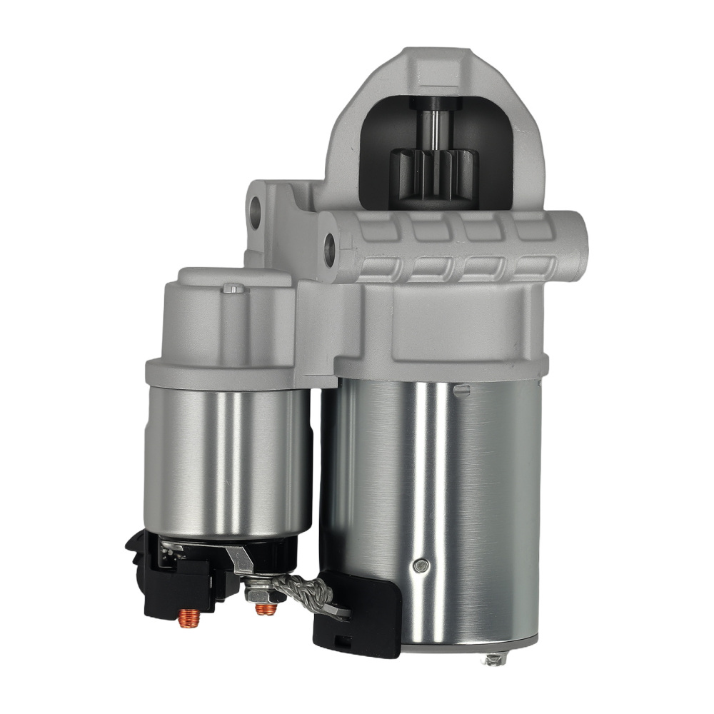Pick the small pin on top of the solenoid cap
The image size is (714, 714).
[x=233, y=288]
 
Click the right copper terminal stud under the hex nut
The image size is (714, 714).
[x=266, y=609]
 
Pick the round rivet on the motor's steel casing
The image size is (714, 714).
[x=422, y=566]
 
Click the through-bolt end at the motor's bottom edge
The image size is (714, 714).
[x=495, y=658]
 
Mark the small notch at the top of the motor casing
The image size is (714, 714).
[x=462, y=390]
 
